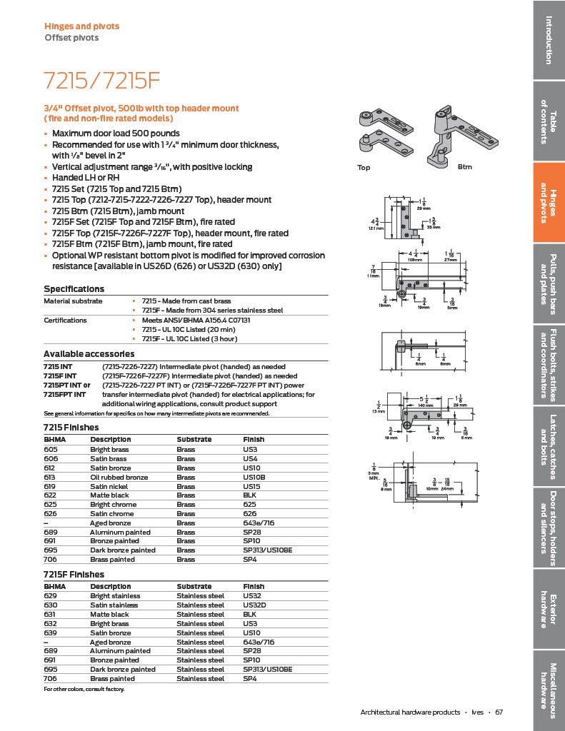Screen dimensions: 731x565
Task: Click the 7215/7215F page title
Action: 101,80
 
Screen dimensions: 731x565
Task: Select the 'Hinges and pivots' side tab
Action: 549,202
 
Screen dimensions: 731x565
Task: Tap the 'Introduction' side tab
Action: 549,39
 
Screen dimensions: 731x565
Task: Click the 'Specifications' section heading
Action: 74,289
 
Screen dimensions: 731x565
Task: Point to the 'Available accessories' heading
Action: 89,354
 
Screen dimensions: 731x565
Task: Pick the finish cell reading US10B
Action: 254,476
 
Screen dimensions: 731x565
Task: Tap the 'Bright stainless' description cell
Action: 115,595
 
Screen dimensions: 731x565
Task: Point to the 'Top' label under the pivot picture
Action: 364,167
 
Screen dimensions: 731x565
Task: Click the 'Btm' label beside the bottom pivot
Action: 465,167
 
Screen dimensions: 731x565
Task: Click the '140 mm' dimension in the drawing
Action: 426,405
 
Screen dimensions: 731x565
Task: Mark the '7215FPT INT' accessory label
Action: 64,394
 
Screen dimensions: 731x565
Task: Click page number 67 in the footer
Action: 499,712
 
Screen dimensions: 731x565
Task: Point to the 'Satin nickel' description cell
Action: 112,485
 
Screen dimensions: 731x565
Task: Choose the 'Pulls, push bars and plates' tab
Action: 549,283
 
